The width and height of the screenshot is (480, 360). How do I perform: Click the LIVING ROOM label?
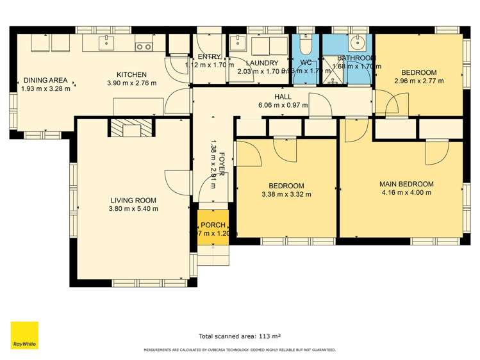(x=133, y=199)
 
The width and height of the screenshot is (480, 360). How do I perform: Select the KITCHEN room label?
(x=131, y=74)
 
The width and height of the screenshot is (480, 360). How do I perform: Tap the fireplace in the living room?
(x=131, y=129)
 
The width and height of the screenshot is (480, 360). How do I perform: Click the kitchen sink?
(x=106, y=43)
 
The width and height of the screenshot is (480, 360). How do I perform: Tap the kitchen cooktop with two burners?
(x=144, y=45)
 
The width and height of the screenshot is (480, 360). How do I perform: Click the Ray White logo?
(x=24, y=336)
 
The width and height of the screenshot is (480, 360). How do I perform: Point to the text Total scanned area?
(x=240, y=335)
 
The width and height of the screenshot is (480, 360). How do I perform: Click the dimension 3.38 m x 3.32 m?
(x=286, y=194)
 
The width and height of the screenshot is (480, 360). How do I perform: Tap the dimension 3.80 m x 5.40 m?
(x=133, y=208)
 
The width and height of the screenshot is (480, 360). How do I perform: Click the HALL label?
(x=283, y=97)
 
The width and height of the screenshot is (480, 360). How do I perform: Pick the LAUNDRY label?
(x=262, y=63)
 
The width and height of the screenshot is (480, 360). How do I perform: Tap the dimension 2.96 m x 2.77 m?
(x=419, y=81)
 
